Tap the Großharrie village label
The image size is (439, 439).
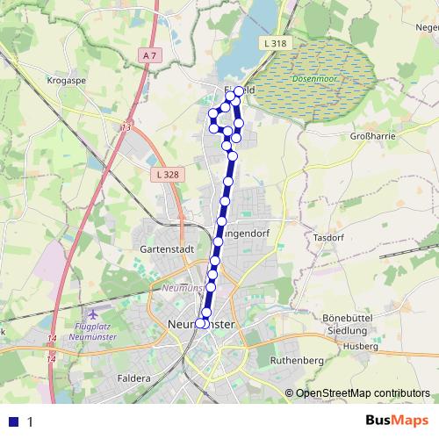(374, 136)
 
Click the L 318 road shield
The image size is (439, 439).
(274, 43)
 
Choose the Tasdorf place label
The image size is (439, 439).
(327, 237)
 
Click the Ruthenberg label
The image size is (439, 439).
(298, 360)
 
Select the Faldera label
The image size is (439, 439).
(133, 378)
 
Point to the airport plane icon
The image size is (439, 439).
(94, 313)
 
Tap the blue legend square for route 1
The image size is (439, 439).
(13, 421)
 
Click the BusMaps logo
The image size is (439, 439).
(396, 421)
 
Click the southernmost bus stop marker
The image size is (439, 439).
(200, 323)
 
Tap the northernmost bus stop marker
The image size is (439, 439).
(239, 90)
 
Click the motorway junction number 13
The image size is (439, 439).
(126, 127)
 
